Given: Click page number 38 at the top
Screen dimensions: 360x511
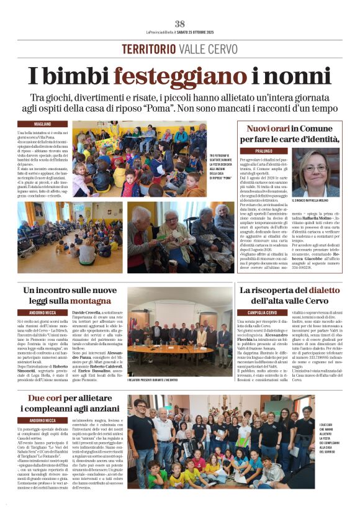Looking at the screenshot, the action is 179,24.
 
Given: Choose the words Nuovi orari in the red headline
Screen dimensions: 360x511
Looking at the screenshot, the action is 269,129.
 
